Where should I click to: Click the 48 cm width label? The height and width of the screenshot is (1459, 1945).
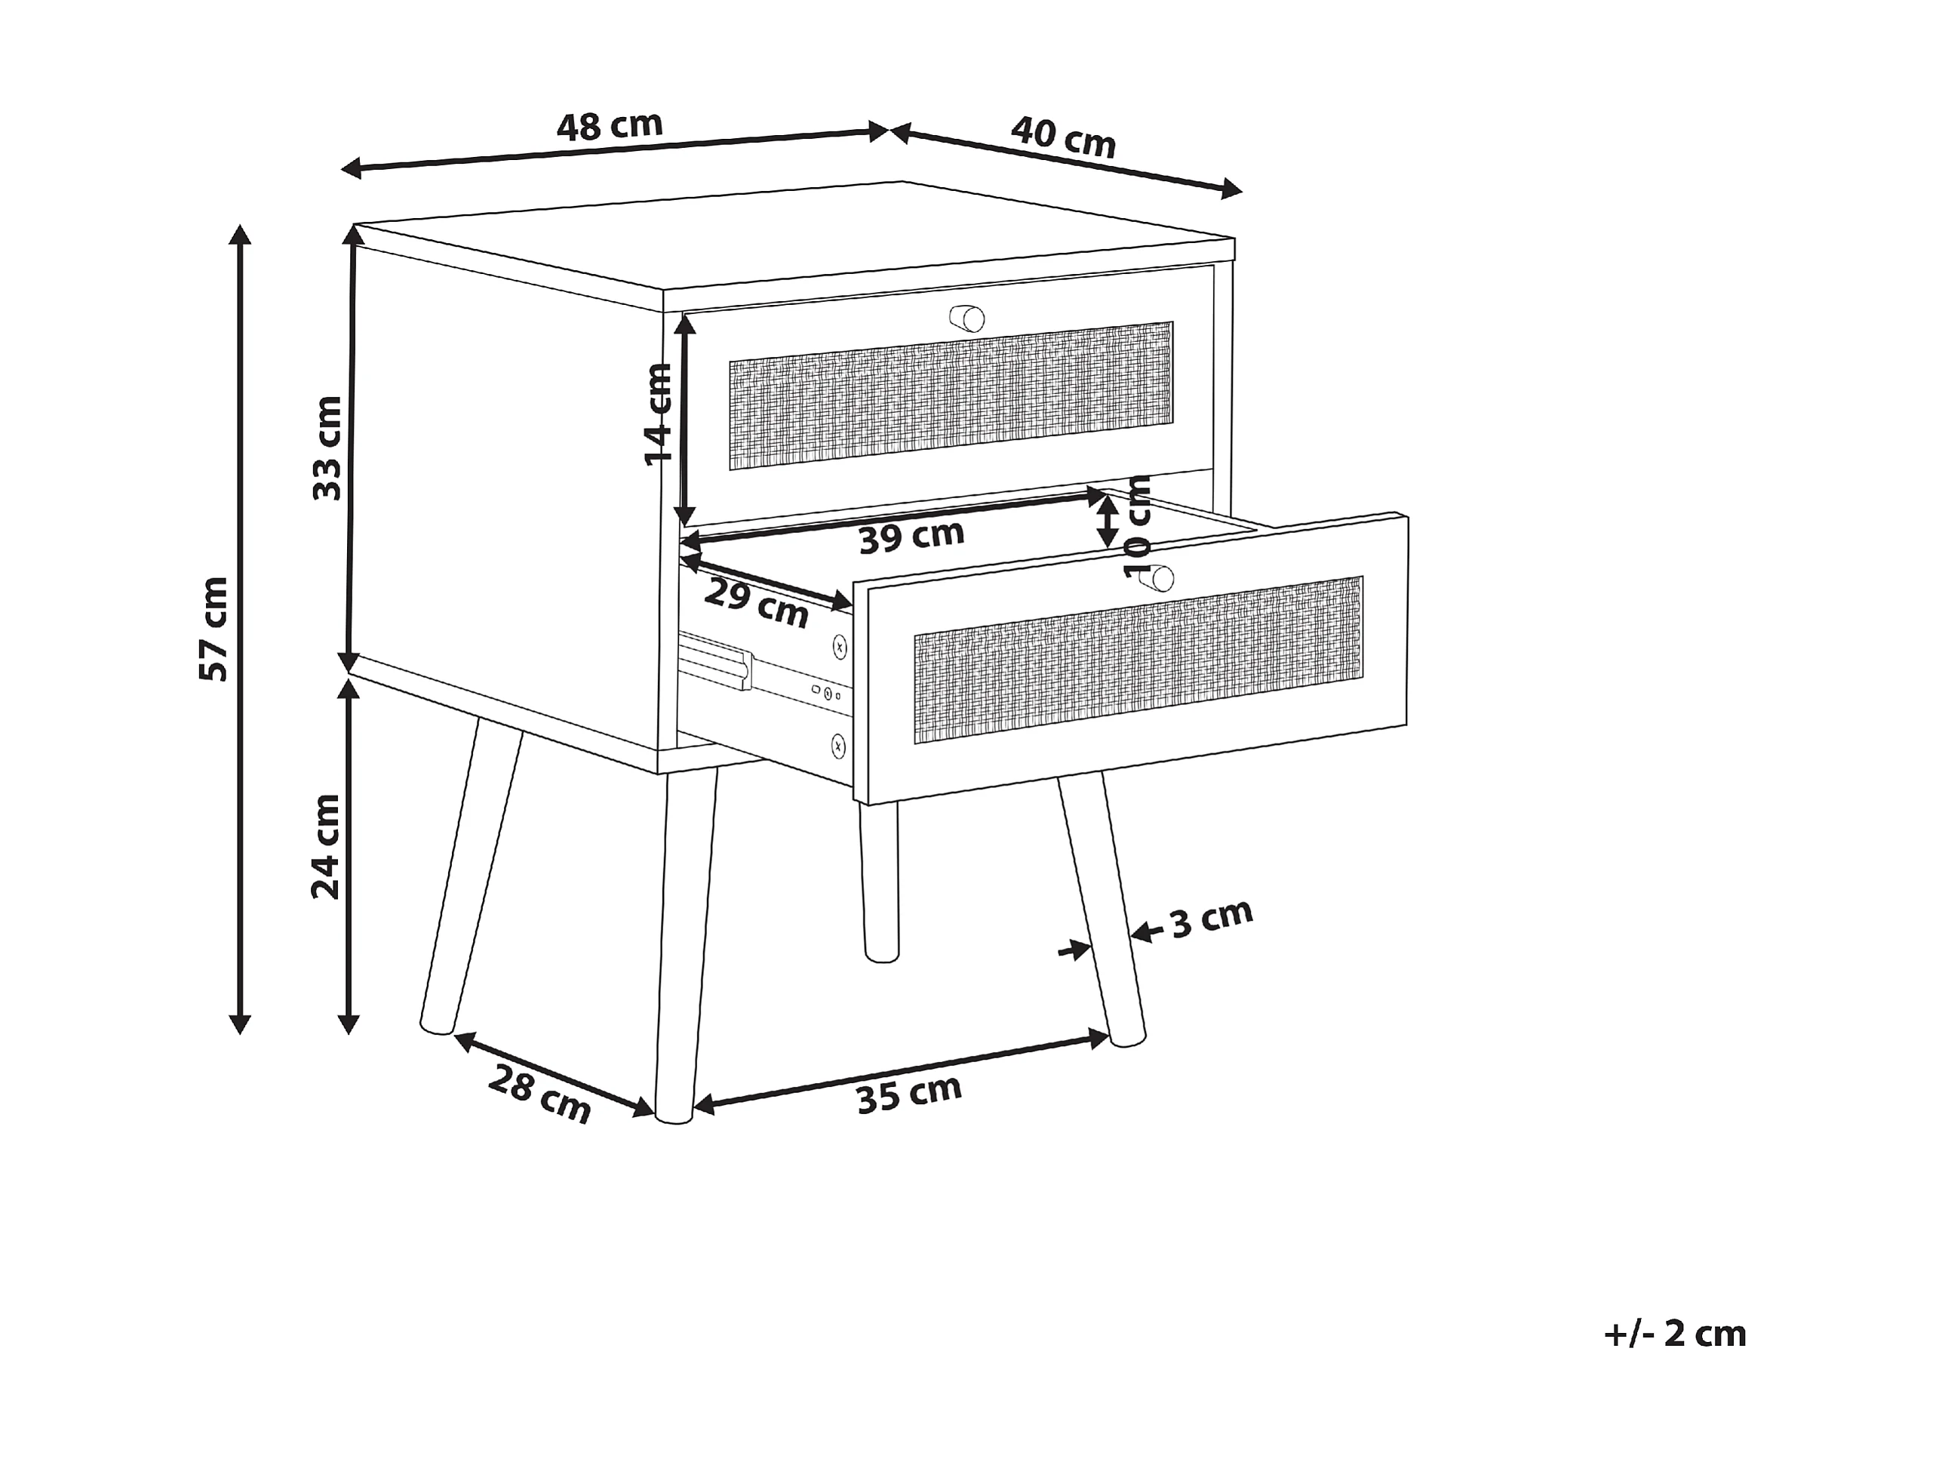click(610, 126)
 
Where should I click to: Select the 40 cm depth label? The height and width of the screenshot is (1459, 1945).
click(1063, 138)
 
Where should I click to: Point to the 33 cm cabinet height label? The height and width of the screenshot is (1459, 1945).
click(327, 448)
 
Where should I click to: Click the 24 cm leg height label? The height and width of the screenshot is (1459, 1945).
click(325, 846)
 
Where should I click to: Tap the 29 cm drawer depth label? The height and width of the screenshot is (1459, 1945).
click(756, 603)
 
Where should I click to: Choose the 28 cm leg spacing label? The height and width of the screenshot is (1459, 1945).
click(539, 1094)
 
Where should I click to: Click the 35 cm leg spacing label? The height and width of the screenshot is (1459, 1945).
click(909, 1093)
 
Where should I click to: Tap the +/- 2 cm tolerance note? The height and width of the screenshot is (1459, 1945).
click(1674, 1334)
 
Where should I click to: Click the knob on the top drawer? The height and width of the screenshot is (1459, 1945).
click(967, 318)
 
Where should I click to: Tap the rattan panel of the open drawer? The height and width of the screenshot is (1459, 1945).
click(1138, 660)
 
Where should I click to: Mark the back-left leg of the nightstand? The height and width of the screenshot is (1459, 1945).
click(471, 879)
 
